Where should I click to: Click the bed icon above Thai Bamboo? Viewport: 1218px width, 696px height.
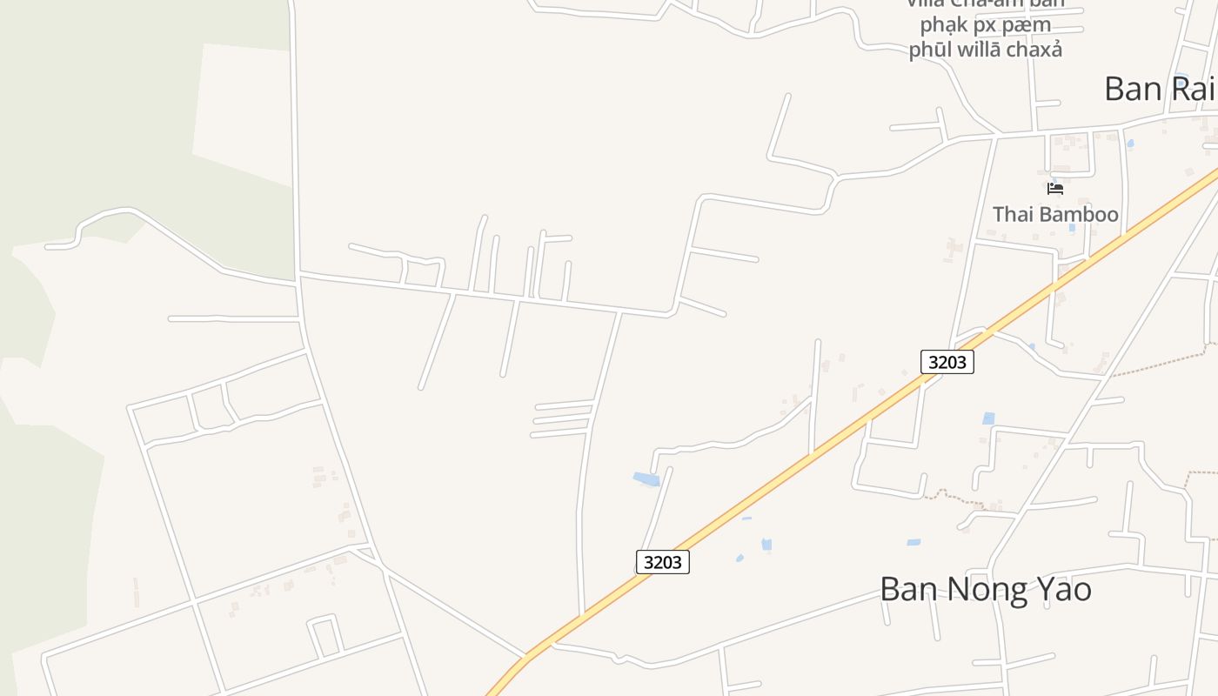pos(1055,188)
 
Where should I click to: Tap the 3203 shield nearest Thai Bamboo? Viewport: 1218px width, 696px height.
pos(947,362)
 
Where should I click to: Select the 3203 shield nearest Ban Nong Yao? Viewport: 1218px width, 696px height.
pos(662,562)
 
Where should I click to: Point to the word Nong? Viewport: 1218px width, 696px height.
pos(980,590)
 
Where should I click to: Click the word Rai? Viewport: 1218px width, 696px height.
pos(1195,89)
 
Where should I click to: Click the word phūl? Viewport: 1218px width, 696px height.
pos(928,50)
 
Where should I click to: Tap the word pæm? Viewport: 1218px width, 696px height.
pos(1028,25)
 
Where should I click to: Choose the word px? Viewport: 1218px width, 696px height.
pos(987,25)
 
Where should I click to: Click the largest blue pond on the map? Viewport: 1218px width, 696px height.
pos(646,478)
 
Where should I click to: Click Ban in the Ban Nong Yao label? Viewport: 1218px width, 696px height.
pos(906,590)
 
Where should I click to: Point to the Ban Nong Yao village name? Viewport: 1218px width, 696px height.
pos(985,590)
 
